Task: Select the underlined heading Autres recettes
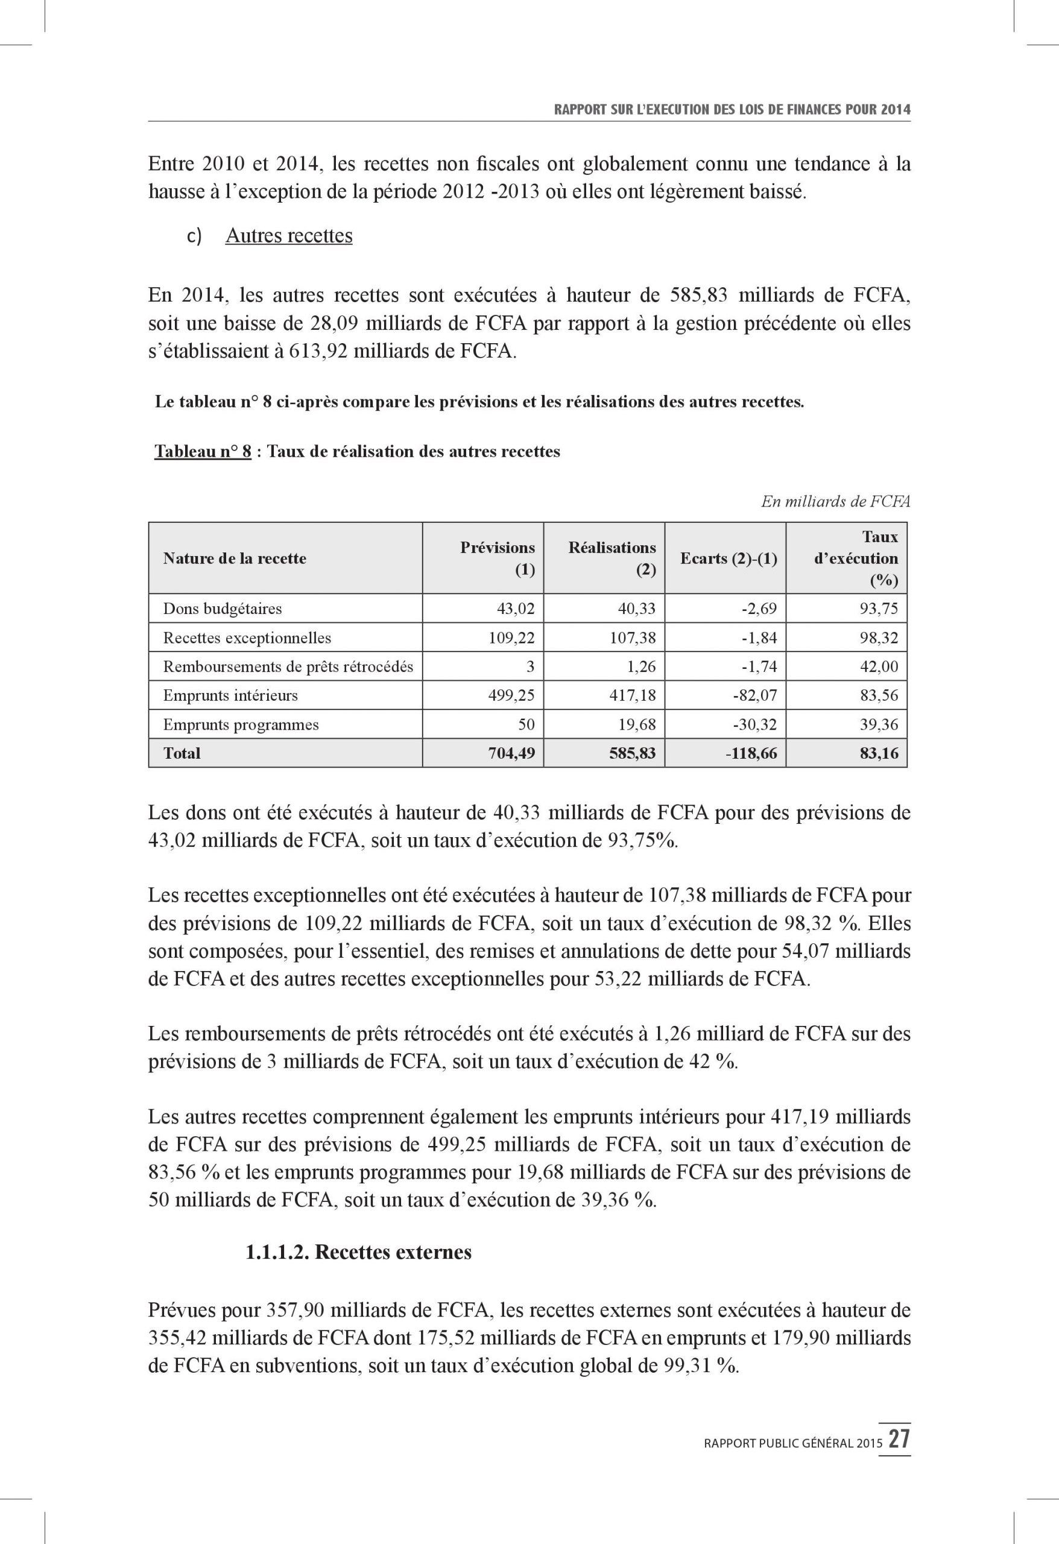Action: coord(289,236)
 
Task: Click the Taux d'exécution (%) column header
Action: coord(856,558)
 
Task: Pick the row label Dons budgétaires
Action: coord(223,609)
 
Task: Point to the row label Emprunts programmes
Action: coord(241,724)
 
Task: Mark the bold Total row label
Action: coord(182,753)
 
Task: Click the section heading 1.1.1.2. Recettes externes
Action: coord(358,1252)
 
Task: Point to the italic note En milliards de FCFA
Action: coord(835,502)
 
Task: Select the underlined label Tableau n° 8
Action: coord(203,452)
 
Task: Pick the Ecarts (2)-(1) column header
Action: coord(728,558)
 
